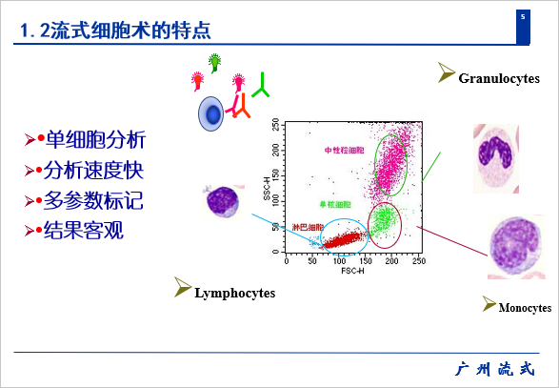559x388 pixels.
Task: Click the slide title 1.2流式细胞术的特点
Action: click(115, 30)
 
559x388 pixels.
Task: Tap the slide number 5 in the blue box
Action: click(523, 17)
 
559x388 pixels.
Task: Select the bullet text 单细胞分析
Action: click(95, 139)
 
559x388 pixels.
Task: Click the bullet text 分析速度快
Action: click(93, 170)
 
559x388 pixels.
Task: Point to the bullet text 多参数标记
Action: click(93, 200)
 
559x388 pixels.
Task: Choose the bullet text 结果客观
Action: click(84, 231)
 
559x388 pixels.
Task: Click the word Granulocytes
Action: click(499, 78)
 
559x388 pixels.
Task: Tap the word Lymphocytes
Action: click(235, 293)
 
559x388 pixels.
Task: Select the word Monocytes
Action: click(525, 307)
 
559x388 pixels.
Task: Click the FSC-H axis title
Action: click(352, 271)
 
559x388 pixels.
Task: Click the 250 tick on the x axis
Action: click(419, 261)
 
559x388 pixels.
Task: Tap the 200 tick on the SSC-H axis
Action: click(275, 150)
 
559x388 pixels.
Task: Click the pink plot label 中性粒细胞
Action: click(344, 151)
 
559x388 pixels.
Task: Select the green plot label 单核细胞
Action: click(335, 204)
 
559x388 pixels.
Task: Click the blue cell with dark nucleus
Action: click(211, 113)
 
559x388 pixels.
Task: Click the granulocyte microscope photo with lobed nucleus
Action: click(496, 158)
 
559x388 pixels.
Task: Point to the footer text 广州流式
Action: click(495, 369)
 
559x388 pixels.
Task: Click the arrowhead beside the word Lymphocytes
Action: click(182, 287)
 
